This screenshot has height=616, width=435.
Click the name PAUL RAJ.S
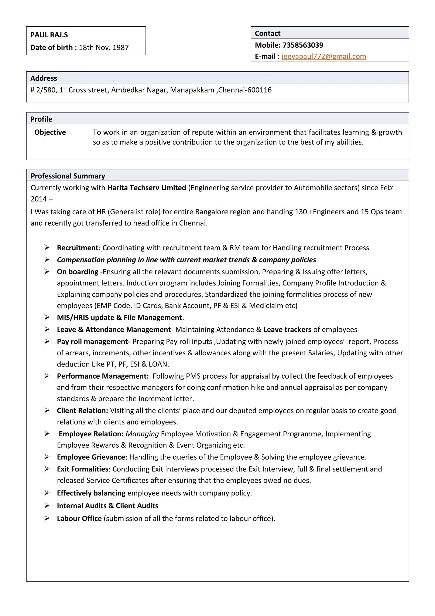pyautogui.click(x=49, y=35)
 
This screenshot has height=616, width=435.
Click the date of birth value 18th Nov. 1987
pyautogui.click(x=104, y=47)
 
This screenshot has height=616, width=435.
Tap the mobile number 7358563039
pyautogui.click(x=303, y=45)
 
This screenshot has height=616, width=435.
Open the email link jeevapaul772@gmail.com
pyautogui.click(x=324, y=56)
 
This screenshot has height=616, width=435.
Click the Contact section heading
pyautogui.click(x=267, y=33)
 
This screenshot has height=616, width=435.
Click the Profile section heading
pyautogui.click(x=41, y=119)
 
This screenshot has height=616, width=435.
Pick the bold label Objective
pyautogui.click(x=50, y=132)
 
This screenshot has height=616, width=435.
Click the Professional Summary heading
pyautogui.click(x=68, y=176)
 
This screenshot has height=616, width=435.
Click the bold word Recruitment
pyautogui.click(x=78, y=248)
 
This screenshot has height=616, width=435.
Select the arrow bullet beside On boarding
pyautogui.click(x=47, y=271)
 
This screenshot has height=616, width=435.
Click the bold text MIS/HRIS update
pyautogui.click(x=86, y=317)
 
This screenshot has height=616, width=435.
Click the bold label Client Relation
pyautogui.click(x=82, y=410)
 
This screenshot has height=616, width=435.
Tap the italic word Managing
pyautogui.click(x=142, y=434)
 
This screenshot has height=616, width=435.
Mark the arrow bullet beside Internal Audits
pyautogui.click(x=47, y=506)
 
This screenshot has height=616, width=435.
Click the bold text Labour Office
pyautogui.click(x=79, y=518)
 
